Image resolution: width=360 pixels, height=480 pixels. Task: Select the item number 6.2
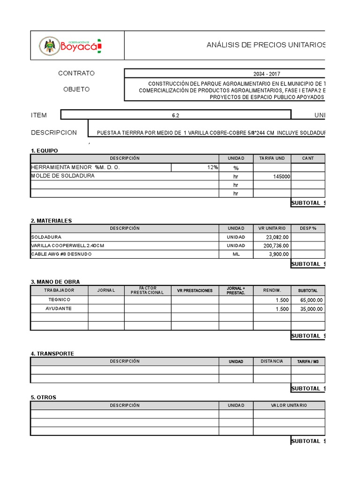[x=176, y=115]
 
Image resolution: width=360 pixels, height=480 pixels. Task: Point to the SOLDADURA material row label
[x=46, y=237]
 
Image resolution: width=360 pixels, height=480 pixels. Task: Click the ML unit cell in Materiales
[x=236, y=254]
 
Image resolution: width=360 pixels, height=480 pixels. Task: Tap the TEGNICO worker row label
[x=60, y=300]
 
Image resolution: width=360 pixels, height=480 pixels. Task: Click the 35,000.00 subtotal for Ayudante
[x=308, y=309]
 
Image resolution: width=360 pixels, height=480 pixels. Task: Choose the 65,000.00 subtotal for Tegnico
[x=308, y=300]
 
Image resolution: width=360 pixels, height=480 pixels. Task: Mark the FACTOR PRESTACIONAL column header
[x=147, y=291]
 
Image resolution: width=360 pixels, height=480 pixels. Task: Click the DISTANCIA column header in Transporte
[x=272, y=361]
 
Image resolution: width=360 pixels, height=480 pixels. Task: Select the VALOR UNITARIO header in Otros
[x=289, y=405]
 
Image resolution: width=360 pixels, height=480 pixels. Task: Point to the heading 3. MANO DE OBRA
[x=55, y=282]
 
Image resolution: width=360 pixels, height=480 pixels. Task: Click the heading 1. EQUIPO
[x=45, y=150]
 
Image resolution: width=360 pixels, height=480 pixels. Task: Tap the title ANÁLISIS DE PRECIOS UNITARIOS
[x=266, y=45]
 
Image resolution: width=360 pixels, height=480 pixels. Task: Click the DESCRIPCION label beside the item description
[x=54, y=133]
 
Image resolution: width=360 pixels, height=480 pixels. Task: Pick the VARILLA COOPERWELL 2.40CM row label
[x=67, y=246]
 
